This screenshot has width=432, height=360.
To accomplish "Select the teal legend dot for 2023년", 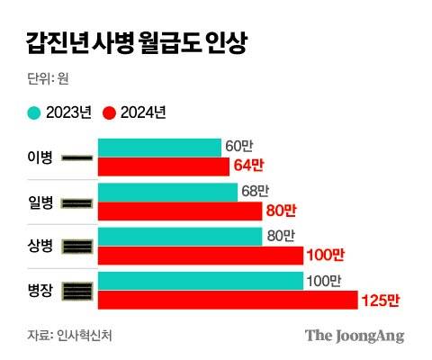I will [x=34, y=113].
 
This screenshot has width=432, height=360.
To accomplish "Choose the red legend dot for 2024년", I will [x=111, y=113].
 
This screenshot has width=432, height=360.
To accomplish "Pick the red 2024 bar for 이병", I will [x=163, y=166].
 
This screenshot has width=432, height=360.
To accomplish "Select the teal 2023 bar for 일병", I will [x=167, y=192].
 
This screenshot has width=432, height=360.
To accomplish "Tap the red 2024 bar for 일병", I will [x=181, y=211].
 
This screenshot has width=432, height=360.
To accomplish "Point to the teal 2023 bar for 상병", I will [x=181, y=236].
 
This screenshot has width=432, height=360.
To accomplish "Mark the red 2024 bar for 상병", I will [x=200, y=255].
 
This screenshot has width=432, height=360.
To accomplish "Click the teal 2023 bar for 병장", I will [x=200, y=281].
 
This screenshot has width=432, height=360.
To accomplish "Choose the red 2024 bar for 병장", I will [x=228, y=300].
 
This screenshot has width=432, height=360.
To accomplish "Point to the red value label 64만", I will [x=248, y=166].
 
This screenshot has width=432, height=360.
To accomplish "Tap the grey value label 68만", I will [x=254, y=191].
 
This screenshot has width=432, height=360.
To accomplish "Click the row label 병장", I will [x=41, y=291].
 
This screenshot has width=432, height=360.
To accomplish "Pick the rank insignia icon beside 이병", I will [x=78, y=158].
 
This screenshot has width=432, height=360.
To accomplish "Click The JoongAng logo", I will [x=354, y=336].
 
